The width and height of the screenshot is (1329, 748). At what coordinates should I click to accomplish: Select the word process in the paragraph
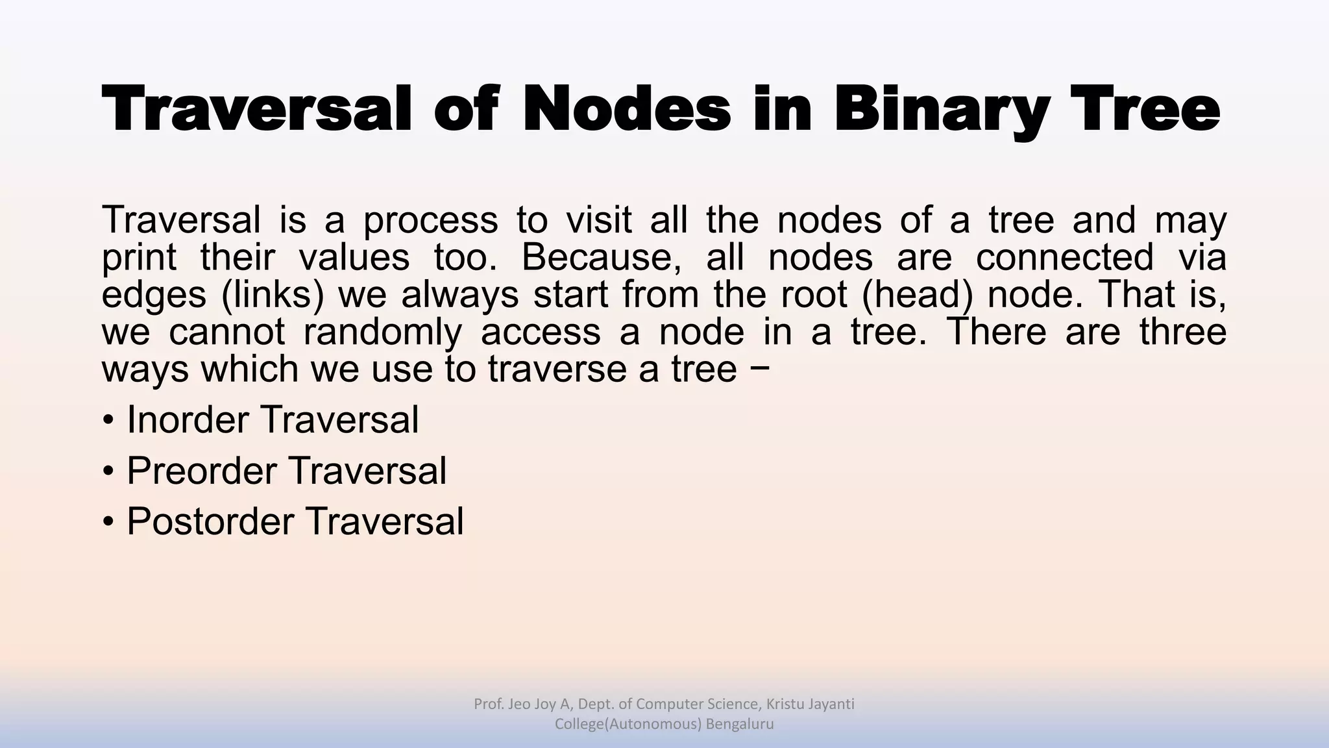[x=430, y=221]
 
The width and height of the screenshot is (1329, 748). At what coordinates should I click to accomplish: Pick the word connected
[x=1064, y=257]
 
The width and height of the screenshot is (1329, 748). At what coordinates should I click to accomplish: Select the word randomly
[x=382, y=332]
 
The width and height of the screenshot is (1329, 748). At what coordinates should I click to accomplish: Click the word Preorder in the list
[x=202, y=471]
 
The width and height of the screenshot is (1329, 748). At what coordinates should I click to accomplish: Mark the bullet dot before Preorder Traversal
[x=108, y=472]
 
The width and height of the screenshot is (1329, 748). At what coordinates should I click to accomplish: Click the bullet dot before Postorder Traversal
[x=108, y=523]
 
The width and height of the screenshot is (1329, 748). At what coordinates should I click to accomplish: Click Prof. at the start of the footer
[x=489, y=704]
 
